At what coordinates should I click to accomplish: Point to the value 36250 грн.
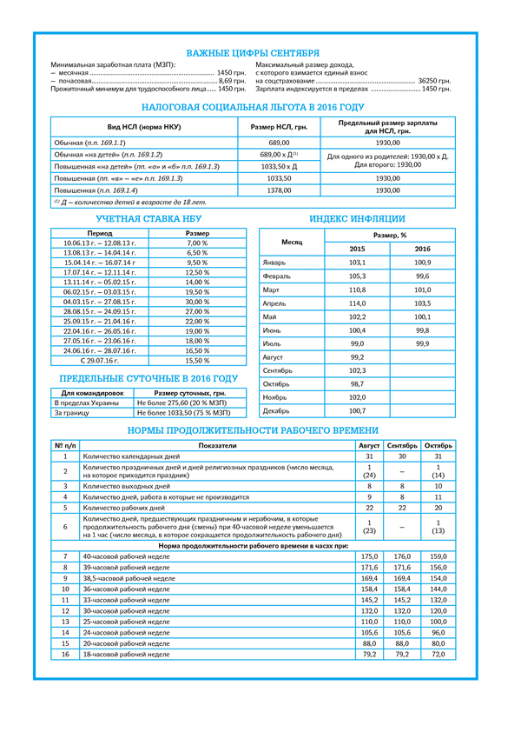point(434,81)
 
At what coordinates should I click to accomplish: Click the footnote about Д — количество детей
point(130,202)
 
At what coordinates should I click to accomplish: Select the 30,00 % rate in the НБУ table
point(197,302)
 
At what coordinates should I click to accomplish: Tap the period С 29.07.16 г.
point(100,360)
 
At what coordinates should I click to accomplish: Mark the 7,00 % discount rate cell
point(197,243)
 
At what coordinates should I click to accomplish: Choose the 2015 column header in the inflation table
point(357,250)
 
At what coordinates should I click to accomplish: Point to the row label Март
point(272,289)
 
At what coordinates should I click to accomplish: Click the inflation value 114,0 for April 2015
point(357,303)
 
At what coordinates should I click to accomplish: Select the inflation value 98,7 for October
point(357,383)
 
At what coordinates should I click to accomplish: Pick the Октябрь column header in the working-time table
point(439,445)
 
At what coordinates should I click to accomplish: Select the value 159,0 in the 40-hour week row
point(439,556)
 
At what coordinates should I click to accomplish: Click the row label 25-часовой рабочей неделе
point(126,622)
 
